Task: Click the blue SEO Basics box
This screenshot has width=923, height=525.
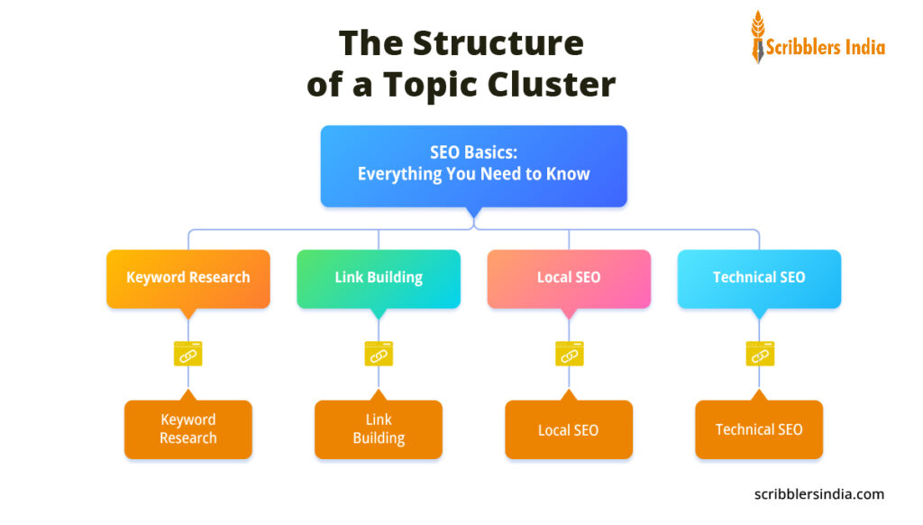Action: (x=473, y=165)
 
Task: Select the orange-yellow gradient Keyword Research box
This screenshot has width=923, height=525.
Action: (x=187, y=278)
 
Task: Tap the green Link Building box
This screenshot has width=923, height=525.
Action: (x=379, y=278)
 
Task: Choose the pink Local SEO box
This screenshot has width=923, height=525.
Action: (x=569, y=278)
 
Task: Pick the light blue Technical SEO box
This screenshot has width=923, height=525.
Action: (x=759, y=278)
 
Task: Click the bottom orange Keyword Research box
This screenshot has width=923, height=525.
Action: (x=187, y=429)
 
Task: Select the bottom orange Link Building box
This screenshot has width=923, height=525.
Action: (x=379, y=429)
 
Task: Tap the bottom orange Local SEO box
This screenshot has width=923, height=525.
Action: (x=569, y=430)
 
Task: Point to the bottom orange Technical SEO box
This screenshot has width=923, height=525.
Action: (x=759, y=430)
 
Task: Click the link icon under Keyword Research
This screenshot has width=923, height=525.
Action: (x=187, y=354)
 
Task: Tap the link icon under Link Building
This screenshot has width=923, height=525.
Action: (x=379, y=354)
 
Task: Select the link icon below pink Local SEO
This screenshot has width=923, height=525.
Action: (x=569, y=354)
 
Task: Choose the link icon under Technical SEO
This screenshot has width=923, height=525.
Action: (x=759, y=354)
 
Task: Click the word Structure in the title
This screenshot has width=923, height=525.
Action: (x=498, y=42)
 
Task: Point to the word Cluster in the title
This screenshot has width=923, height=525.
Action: (x=552, y=85)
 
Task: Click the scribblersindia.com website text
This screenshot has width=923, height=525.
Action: (x=818, y=494)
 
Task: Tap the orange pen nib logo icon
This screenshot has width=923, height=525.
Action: (x=757, y=37)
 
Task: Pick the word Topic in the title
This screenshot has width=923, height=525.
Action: (x=433, y=85)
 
